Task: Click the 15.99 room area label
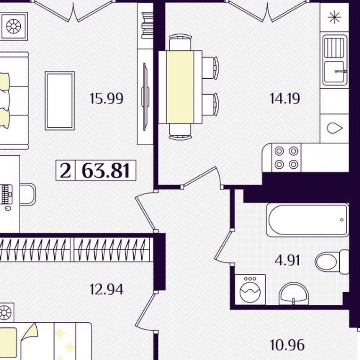tap(106, 98)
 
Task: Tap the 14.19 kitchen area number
tap(285, 98)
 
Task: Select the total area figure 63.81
tap(106, 171)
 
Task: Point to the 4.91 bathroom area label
tap(287, 261)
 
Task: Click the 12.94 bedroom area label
tap(106, 289)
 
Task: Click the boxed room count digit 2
tap(65, 171)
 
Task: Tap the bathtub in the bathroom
tap(308, 220)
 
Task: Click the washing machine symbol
tap(250, 289)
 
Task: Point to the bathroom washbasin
tap(294, 294)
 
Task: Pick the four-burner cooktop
tap(286, 157)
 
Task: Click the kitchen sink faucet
tap(341, 72)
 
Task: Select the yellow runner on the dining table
tap(180, 87)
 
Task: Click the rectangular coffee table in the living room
tap(60, 100)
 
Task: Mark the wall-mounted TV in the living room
tap(145, 97)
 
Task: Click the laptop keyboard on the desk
tap(5, 195)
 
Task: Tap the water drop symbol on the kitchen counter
tap(335, 128)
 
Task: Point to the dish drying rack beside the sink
tap(335, 48)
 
